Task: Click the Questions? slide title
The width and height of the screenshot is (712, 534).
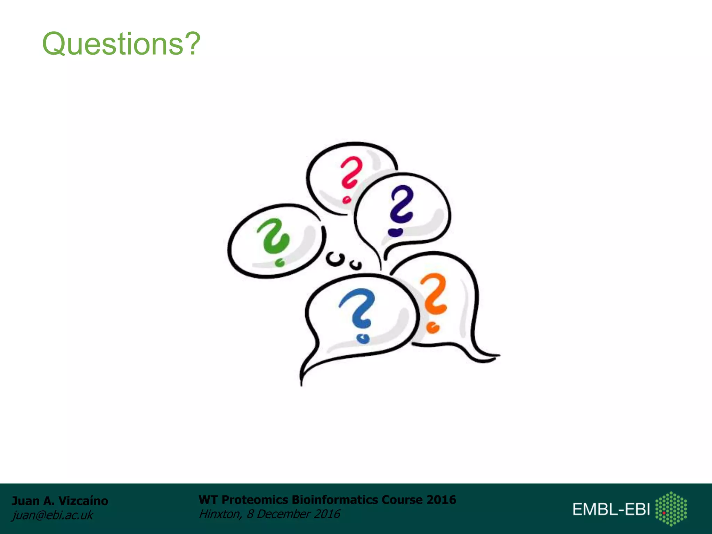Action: coord(121,44)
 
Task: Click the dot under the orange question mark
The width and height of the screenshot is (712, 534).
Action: coord(433,327)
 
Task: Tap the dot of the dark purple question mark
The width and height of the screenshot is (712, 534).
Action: coord(395,232)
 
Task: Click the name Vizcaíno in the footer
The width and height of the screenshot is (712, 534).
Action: coord(83,501)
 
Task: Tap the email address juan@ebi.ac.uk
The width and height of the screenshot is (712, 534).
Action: coord(52,515)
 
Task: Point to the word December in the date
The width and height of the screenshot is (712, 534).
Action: coord(283,514)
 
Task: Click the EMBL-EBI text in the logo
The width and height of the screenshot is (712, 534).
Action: coord(611,509)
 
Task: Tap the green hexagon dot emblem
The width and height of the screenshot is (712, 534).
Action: coord(671,508)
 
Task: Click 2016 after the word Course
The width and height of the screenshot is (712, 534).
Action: coord(441,500)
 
